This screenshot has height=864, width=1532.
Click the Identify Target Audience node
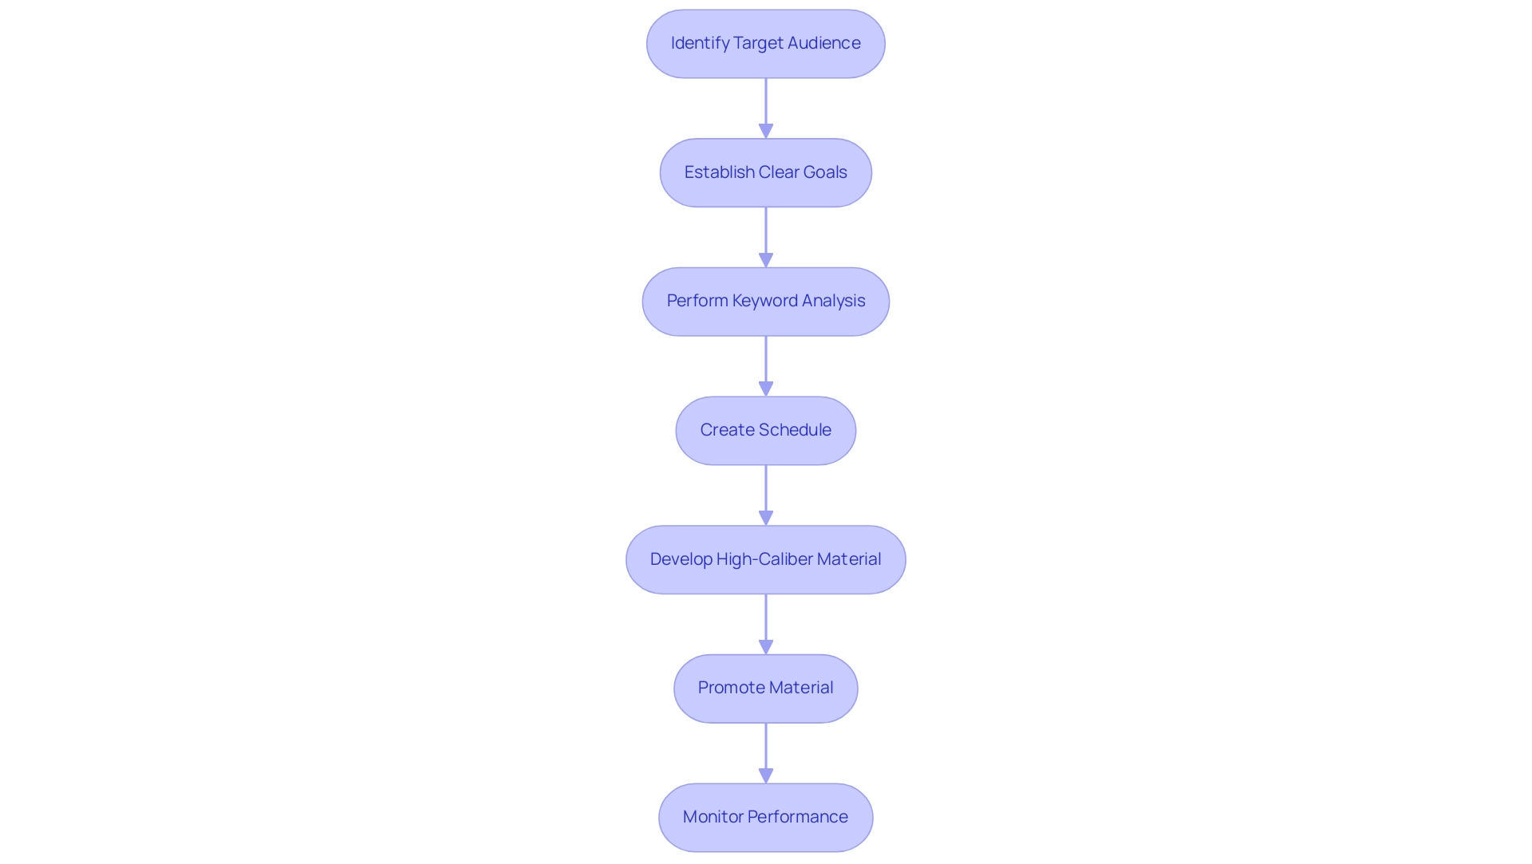click(765, 44)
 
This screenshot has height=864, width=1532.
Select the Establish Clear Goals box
click(765, 173)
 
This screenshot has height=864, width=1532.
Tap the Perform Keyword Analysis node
click(765, 302)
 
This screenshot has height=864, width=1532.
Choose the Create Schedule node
click(765, 431)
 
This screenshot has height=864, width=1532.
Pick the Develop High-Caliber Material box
click(765, 560)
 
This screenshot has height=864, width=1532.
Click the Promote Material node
click(765, 688)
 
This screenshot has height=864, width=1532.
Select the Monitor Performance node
click(765, 818)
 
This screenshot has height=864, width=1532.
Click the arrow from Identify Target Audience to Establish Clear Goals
click(766, 108)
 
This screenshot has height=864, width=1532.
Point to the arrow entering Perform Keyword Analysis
click(766, 237)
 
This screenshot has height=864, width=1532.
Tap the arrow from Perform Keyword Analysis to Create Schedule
click(766, 365)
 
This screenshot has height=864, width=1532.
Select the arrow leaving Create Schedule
click(766, 495)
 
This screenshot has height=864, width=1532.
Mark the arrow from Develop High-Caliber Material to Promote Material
click(766, 624)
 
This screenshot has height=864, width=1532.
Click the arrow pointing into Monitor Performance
click(766, 752)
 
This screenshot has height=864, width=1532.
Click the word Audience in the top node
click(823, 43)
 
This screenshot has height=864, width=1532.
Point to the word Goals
click(825, 172)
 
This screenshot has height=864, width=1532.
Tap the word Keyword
click(764, 301)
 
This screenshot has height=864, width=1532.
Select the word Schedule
click(794, 430)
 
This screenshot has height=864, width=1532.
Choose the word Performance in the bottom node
click(797, 817)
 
